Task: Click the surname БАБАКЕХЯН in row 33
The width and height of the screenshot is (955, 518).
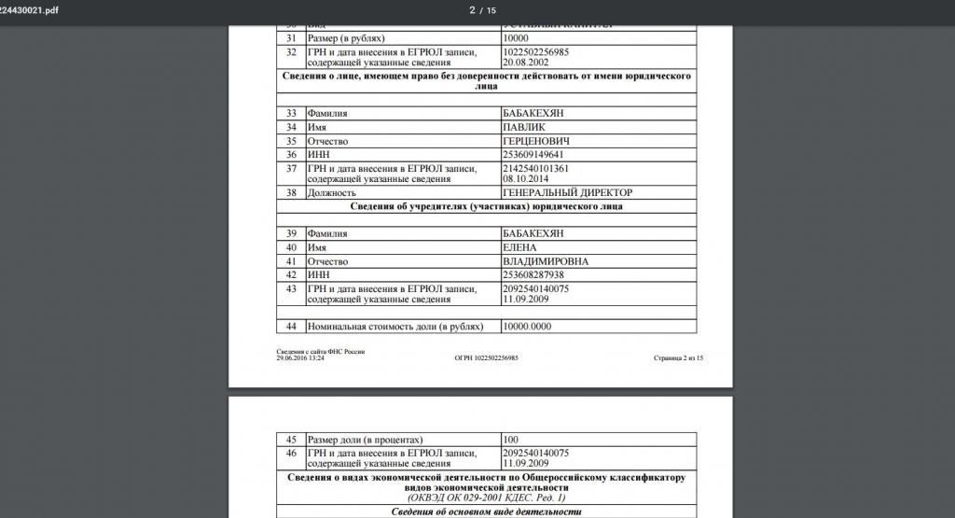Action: pyautogui.click(x=532, y=113)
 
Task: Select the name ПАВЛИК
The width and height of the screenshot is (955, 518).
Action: pyautogui.click(x=523, y=127)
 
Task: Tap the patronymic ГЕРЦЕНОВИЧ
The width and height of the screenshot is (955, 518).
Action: pyautogui.click(x=536, y=141)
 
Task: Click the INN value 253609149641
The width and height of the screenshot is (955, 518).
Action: pyautogui.click(x=533, y=154)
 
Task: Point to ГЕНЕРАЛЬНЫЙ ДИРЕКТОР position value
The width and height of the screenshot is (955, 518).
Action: pyautogui.click(x=566, y=192)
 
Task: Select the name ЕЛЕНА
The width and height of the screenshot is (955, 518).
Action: pyautogui.click(x=519, y=247)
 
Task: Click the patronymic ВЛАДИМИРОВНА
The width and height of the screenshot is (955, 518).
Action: pyautogui.click(x=546, y=261)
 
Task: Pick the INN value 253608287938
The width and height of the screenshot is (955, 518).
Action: pyautogui.click(x=533, y=275)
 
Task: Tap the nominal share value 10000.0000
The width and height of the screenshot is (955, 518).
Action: pyautogui.click(x=528, y=327)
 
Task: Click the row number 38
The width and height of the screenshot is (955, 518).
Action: pyautogui.click(x=291, y=192)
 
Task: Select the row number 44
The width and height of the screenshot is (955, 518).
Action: pyautogui.click(x=291, y=327)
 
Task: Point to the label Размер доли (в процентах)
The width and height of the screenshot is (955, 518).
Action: pyautogui.click(x=366, y=439)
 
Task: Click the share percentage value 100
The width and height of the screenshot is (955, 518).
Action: pyautogui.click(x=510, y=439)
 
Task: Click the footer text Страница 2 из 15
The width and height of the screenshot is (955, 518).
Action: pyautogui.click(x=678, y=357)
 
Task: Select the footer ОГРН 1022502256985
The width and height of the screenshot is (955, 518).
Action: pyautogui.click(x=486, y=357)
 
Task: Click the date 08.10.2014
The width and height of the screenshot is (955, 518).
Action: pyautogui.click(x=522, y=177)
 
